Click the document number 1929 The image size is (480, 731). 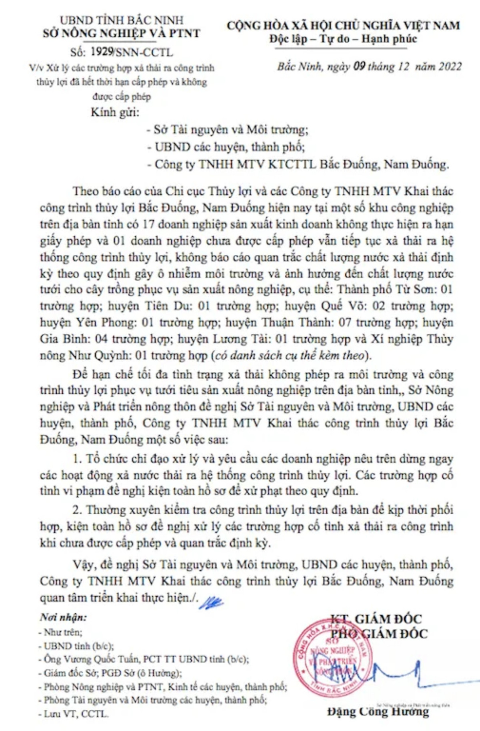click(x=102, y=52)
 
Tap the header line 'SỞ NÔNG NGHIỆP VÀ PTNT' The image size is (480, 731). click(x=122, y=33)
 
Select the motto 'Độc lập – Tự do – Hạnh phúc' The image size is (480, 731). click(x=343, y=39)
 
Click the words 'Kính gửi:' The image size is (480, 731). click(x=115, y=112)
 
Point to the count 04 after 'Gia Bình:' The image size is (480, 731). click(x=102, y=339)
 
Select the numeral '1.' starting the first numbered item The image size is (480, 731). click(x=78, y=459)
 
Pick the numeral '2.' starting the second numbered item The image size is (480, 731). click(x=78, y=510)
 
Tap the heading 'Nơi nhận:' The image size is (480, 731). click(x=63, y=617)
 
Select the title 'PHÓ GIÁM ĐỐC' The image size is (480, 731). click(x=379, y=634)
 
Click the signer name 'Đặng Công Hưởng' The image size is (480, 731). click(x=378, y=711)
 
